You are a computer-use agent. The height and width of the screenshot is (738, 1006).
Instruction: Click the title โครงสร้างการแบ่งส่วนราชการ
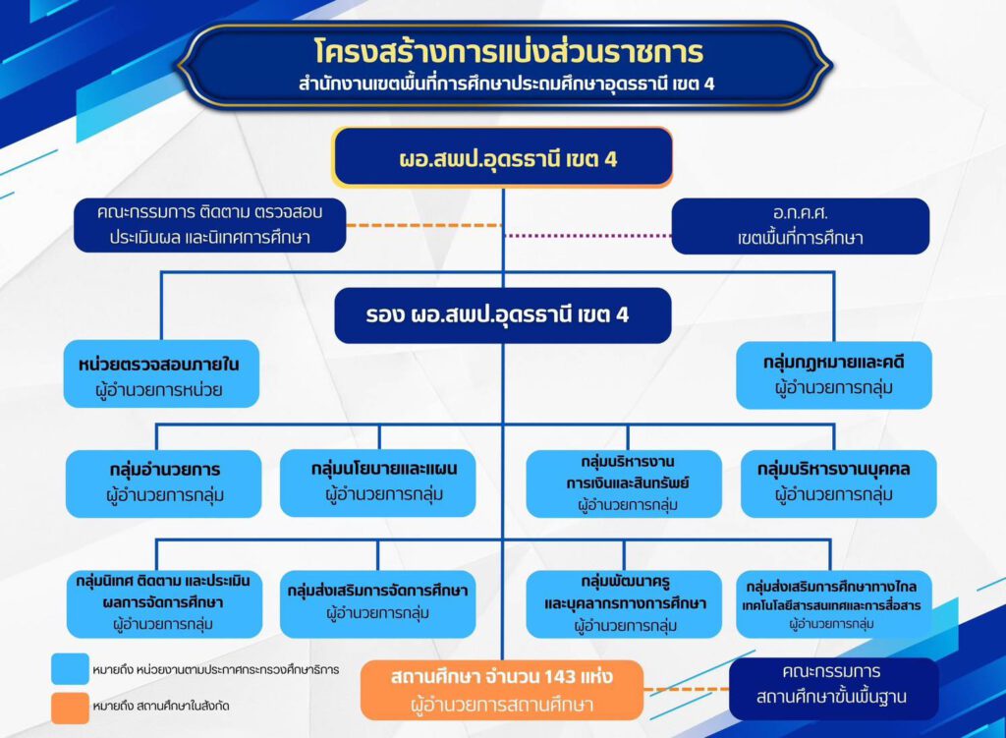510,52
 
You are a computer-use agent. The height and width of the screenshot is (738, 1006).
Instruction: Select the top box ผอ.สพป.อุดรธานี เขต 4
502,157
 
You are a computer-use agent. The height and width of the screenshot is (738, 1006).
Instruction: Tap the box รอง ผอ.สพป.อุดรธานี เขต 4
503,315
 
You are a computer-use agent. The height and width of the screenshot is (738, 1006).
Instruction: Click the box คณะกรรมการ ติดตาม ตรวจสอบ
210,225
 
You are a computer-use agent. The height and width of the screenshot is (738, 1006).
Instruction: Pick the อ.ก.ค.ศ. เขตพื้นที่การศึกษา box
800,226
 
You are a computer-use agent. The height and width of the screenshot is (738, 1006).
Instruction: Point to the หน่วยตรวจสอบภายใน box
161,374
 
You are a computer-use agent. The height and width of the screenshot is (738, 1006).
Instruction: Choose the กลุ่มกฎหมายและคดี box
833,374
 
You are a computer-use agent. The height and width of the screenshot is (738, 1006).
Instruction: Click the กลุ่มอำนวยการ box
164,483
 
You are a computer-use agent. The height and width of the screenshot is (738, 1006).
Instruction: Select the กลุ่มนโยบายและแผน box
378,483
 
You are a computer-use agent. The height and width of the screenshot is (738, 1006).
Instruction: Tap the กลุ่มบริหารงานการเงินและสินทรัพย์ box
624,483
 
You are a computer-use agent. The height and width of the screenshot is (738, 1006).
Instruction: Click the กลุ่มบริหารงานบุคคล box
839,483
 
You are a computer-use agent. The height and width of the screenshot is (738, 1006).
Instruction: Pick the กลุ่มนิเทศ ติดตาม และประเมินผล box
164,603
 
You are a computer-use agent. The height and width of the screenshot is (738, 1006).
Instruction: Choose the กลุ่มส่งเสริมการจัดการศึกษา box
378,603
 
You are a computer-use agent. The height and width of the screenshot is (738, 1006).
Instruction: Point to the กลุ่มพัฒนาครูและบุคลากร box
624,603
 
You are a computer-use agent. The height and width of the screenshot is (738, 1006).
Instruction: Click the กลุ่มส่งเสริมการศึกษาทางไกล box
834,603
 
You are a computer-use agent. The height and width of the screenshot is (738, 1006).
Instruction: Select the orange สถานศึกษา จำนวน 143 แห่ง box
502,690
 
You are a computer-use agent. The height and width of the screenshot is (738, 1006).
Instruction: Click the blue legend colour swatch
70,668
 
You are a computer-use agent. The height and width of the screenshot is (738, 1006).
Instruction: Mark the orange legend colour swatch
70,708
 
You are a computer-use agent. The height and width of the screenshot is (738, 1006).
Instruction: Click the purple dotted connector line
588,236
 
